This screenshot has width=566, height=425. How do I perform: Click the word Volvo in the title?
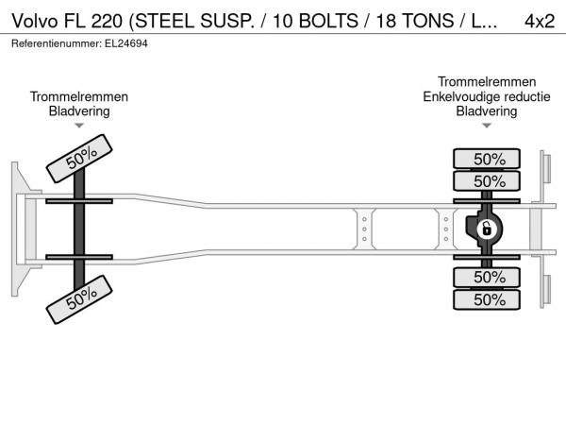tap(35, 21)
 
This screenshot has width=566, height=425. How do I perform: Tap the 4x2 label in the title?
tap(540, 21)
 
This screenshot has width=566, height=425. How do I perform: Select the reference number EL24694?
tap(126, 43)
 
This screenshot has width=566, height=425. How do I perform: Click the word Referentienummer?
tap(57, 43)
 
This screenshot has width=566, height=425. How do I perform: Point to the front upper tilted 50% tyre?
tap(79, 159)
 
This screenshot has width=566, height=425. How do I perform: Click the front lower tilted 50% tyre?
tap(79, 299)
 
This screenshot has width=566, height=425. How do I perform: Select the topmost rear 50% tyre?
tap(487, 159)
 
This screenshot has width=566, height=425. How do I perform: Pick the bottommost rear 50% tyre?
tap(487, 299)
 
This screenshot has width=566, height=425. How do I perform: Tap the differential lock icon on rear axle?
tap(487, 229)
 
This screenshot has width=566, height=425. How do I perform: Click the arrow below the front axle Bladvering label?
tap(79, 126)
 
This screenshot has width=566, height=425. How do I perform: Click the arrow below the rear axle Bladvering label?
tap(487, 126)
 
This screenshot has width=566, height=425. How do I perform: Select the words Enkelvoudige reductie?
tap(487, 96)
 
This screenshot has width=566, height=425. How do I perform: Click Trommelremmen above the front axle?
tap(79, 96)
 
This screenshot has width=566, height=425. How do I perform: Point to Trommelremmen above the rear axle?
tap(487, 81)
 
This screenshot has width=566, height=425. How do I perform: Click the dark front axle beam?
tap(79, 229)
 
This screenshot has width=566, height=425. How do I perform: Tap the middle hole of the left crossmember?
tap(364, 229)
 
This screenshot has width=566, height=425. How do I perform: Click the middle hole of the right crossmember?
tap(446, 229)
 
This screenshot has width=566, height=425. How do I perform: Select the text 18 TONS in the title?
tap(415, 21)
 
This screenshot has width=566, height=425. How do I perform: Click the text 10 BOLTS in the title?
tap(315, 21)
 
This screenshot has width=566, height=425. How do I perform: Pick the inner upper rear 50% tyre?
tap(487, 180)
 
